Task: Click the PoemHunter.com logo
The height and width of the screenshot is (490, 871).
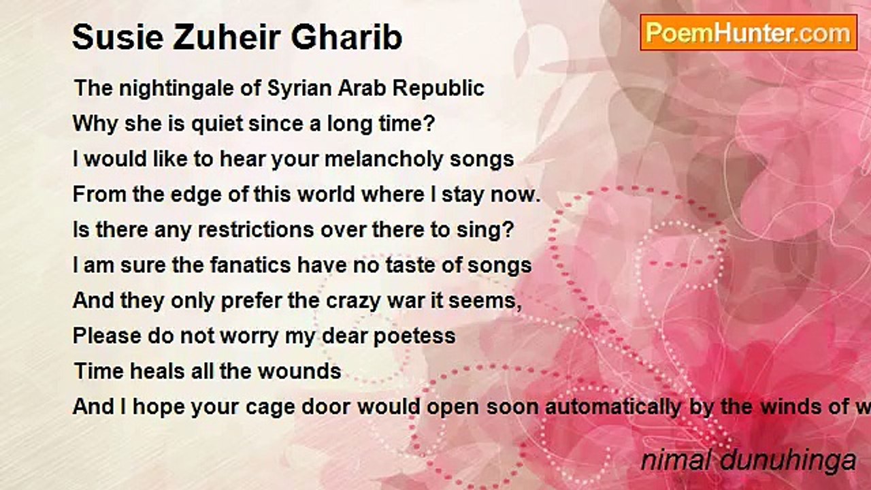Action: click(748, 33)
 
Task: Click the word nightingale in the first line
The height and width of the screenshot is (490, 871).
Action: click(163, 88)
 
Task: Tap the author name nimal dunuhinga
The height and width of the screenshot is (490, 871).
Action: click(748, 461)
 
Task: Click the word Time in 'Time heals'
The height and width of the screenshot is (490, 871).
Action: click(97, 371)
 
